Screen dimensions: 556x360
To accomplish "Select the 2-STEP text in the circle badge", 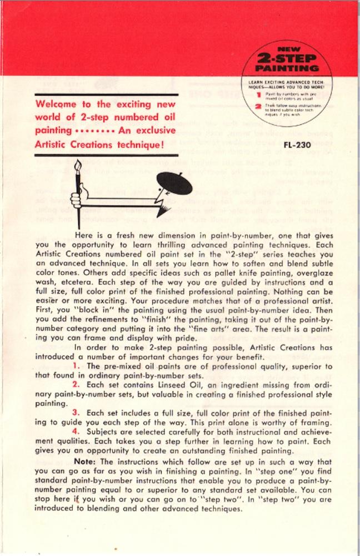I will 287,58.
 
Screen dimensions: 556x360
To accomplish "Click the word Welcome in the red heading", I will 57,105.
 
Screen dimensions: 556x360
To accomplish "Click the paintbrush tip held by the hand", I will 78,166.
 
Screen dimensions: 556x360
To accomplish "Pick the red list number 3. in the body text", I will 77,412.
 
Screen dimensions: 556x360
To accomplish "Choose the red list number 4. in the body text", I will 77,430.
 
